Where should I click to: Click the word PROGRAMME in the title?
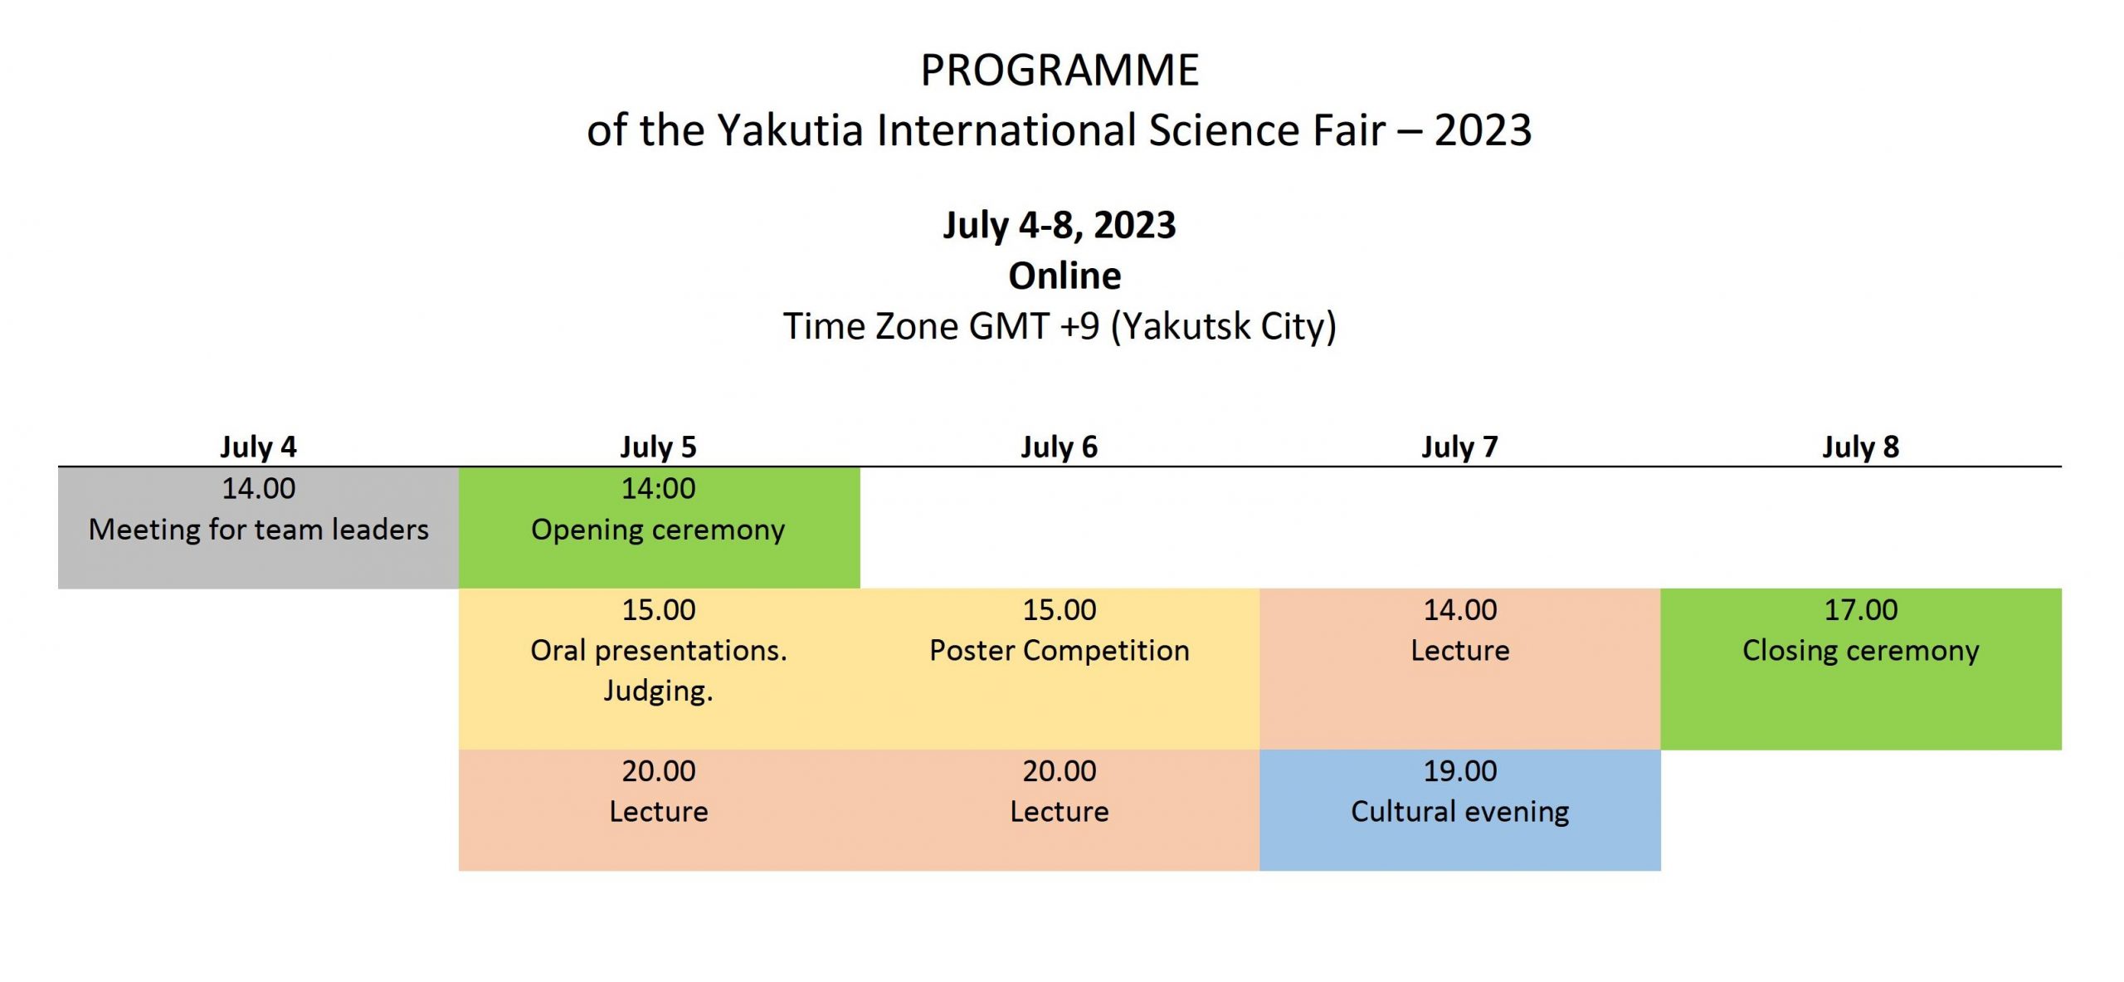point(1060,70)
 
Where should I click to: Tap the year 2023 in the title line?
point(1483,130)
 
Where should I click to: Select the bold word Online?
point(1064,276)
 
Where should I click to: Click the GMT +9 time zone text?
point(1034,325)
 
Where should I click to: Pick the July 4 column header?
point(258,447)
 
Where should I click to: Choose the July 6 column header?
point(1059,447)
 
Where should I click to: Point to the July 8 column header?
point(1860,447)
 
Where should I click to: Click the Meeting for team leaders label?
point(259,530)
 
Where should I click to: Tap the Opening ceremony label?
point(658,530)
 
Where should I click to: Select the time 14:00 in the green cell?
point(659,488)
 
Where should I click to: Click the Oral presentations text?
point(659,651)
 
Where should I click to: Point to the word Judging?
point(658,691)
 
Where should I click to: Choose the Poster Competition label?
point(1060,651)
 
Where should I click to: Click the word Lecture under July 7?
point(1460,651)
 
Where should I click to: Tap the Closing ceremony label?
point(1861,651)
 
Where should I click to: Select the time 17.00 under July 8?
point(1861,610)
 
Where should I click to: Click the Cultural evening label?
point(1460,812)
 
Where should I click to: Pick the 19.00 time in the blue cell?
point(1460,771)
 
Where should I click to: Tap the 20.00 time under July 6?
point(1060,771)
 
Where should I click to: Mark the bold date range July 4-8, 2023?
point(1060,225)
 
